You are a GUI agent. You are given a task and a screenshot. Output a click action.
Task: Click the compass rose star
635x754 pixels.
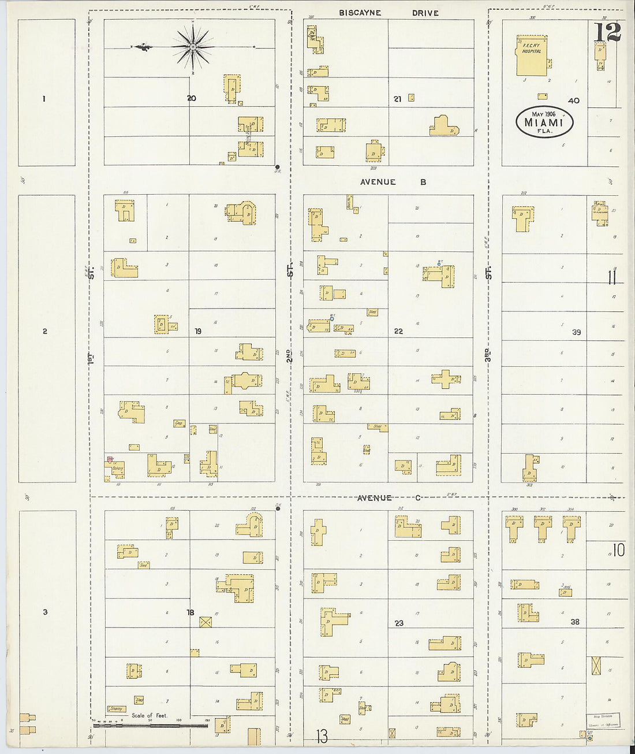coord(192,46)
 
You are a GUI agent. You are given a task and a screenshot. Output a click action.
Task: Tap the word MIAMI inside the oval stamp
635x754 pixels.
coord(544,122)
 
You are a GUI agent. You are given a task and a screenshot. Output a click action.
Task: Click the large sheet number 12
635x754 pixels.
coord(607,33)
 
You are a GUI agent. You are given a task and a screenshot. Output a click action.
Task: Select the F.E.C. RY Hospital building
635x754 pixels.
coord(531,55)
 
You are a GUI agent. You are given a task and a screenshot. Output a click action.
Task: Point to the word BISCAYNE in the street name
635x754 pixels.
coord(360,13)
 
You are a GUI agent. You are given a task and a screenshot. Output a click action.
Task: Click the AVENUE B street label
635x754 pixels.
coord(393,182)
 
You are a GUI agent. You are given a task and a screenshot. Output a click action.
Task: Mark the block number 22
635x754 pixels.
coord(398,331)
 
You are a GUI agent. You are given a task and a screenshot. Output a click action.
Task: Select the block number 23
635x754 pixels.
coord(399,623)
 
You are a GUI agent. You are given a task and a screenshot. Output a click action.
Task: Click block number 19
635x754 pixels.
coord(198,331)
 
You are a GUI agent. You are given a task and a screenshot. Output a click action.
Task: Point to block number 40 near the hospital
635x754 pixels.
coord(573,101)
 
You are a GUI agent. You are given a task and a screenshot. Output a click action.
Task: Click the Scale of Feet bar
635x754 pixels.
coord(150,725)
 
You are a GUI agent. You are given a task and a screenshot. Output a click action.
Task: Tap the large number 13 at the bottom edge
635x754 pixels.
coord(322,736)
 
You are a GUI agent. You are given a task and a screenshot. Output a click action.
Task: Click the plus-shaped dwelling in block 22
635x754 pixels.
coord(445,379)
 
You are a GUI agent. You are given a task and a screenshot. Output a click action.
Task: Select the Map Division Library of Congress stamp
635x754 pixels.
coord(603,720)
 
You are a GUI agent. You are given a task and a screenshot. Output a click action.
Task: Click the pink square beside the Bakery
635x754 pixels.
coord(109,459)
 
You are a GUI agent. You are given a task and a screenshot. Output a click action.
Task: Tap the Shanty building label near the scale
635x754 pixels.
coord(116,709)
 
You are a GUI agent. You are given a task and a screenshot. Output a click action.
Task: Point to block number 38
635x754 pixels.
coord(574,622)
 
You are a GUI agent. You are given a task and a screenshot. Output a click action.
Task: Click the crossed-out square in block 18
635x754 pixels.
coord(205,622)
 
